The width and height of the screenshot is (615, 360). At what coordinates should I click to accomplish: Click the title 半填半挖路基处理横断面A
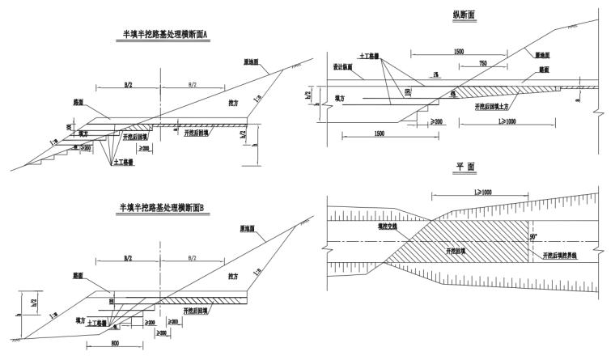(x=165, y=34)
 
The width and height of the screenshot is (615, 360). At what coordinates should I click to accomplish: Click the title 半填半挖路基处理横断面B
(x=164, y=208)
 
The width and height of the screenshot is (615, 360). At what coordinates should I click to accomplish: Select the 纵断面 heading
(x=464, y=14)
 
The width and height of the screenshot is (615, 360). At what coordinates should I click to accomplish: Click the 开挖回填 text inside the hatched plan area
(x=459, y=252)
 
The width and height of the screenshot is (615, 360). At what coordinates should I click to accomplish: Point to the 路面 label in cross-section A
(x=78, y=104)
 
